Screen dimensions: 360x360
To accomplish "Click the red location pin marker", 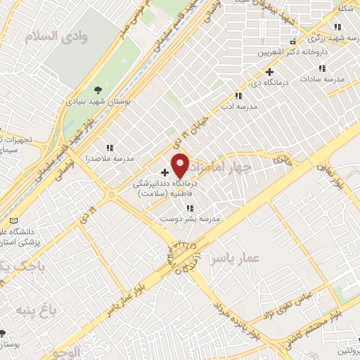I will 181,165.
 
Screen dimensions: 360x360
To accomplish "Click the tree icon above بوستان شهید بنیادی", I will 97,89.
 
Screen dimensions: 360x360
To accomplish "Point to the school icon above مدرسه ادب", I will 238,96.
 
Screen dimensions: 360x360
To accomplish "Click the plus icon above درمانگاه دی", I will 269,72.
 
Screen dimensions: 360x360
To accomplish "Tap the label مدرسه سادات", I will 323,79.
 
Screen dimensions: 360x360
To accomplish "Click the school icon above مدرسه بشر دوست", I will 190,208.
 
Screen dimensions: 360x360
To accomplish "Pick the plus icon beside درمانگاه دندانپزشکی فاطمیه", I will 165,172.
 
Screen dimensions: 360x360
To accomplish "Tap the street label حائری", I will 281,160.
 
